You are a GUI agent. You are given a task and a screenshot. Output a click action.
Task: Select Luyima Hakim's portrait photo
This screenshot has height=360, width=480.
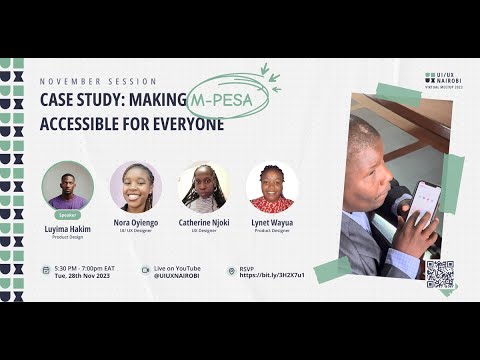point(68,185)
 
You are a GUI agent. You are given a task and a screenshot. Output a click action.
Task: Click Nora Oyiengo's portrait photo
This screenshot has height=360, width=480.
point(136,186)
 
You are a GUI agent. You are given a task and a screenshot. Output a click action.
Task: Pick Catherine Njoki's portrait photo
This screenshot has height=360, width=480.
point(203,186)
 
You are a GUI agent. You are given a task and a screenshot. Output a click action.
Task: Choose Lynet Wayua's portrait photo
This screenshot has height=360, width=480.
point(271,186)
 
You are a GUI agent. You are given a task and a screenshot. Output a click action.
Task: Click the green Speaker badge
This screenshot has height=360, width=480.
point(68,214)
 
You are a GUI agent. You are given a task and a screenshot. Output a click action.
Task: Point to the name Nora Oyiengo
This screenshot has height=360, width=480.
point(136,224)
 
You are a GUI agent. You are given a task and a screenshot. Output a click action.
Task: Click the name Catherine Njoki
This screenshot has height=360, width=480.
point(203,224)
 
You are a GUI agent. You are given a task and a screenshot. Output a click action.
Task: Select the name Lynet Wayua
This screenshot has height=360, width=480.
point(271,224)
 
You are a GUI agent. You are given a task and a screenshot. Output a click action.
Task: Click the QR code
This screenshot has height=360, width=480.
point(440,274)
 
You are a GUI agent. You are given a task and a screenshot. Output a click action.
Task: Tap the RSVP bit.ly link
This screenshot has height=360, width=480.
point(272,275)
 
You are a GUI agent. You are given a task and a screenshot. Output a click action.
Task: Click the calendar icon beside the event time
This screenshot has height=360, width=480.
point(46,270)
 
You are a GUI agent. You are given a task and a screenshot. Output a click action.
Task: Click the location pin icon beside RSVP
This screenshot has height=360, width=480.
point(231,270)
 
